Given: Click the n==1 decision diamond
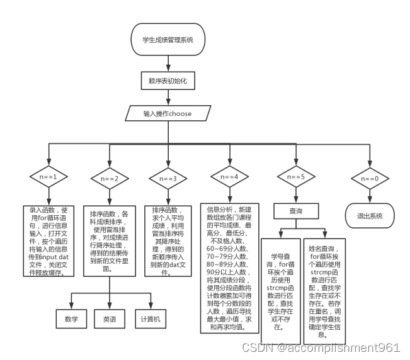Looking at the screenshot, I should point(48,177).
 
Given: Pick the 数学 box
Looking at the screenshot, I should point(71,319).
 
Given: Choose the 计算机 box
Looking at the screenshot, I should point(150,319).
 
